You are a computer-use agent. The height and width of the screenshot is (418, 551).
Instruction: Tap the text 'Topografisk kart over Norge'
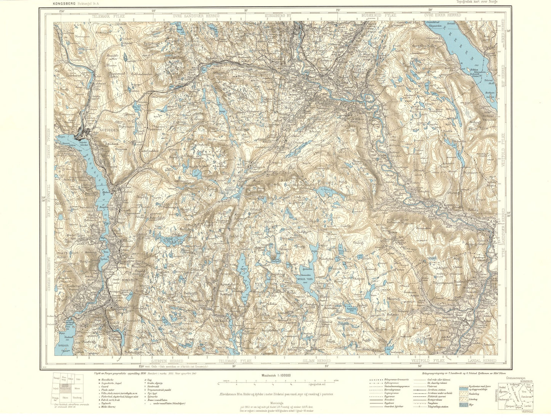coord(478,2)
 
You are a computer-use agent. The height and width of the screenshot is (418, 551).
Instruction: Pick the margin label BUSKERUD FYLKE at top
coord(379,15)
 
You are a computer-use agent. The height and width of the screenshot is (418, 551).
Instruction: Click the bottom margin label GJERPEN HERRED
coord(167,360)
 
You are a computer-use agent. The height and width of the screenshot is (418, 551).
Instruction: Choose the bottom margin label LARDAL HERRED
coord(482,360)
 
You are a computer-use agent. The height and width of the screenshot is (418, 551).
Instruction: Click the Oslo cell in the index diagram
coord(78,379)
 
